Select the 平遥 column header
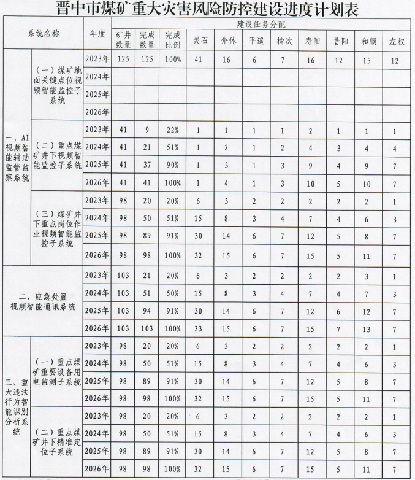255,41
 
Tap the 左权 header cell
395,41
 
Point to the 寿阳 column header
311,41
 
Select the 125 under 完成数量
147,59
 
